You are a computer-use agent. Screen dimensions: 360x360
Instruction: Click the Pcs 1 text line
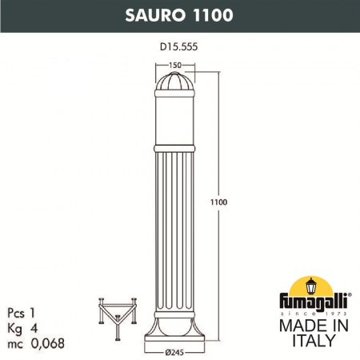pyautogui.click(x=28, y=295)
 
